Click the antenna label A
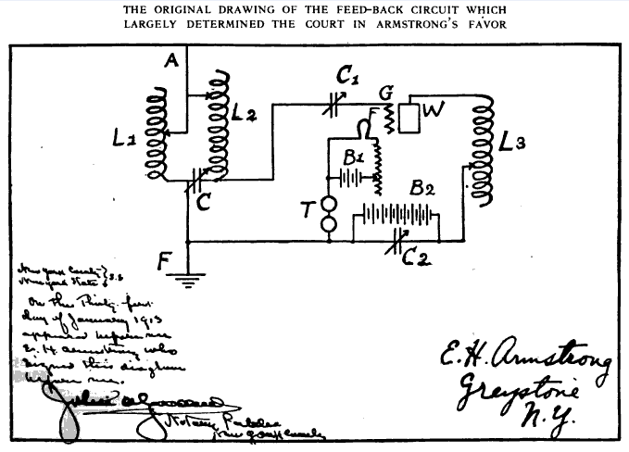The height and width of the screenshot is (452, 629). click(171, 61)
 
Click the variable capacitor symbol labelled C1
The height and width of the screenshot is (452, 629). click(331, 105)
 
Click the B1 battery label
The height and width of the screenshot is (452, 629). click(353, 157)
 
